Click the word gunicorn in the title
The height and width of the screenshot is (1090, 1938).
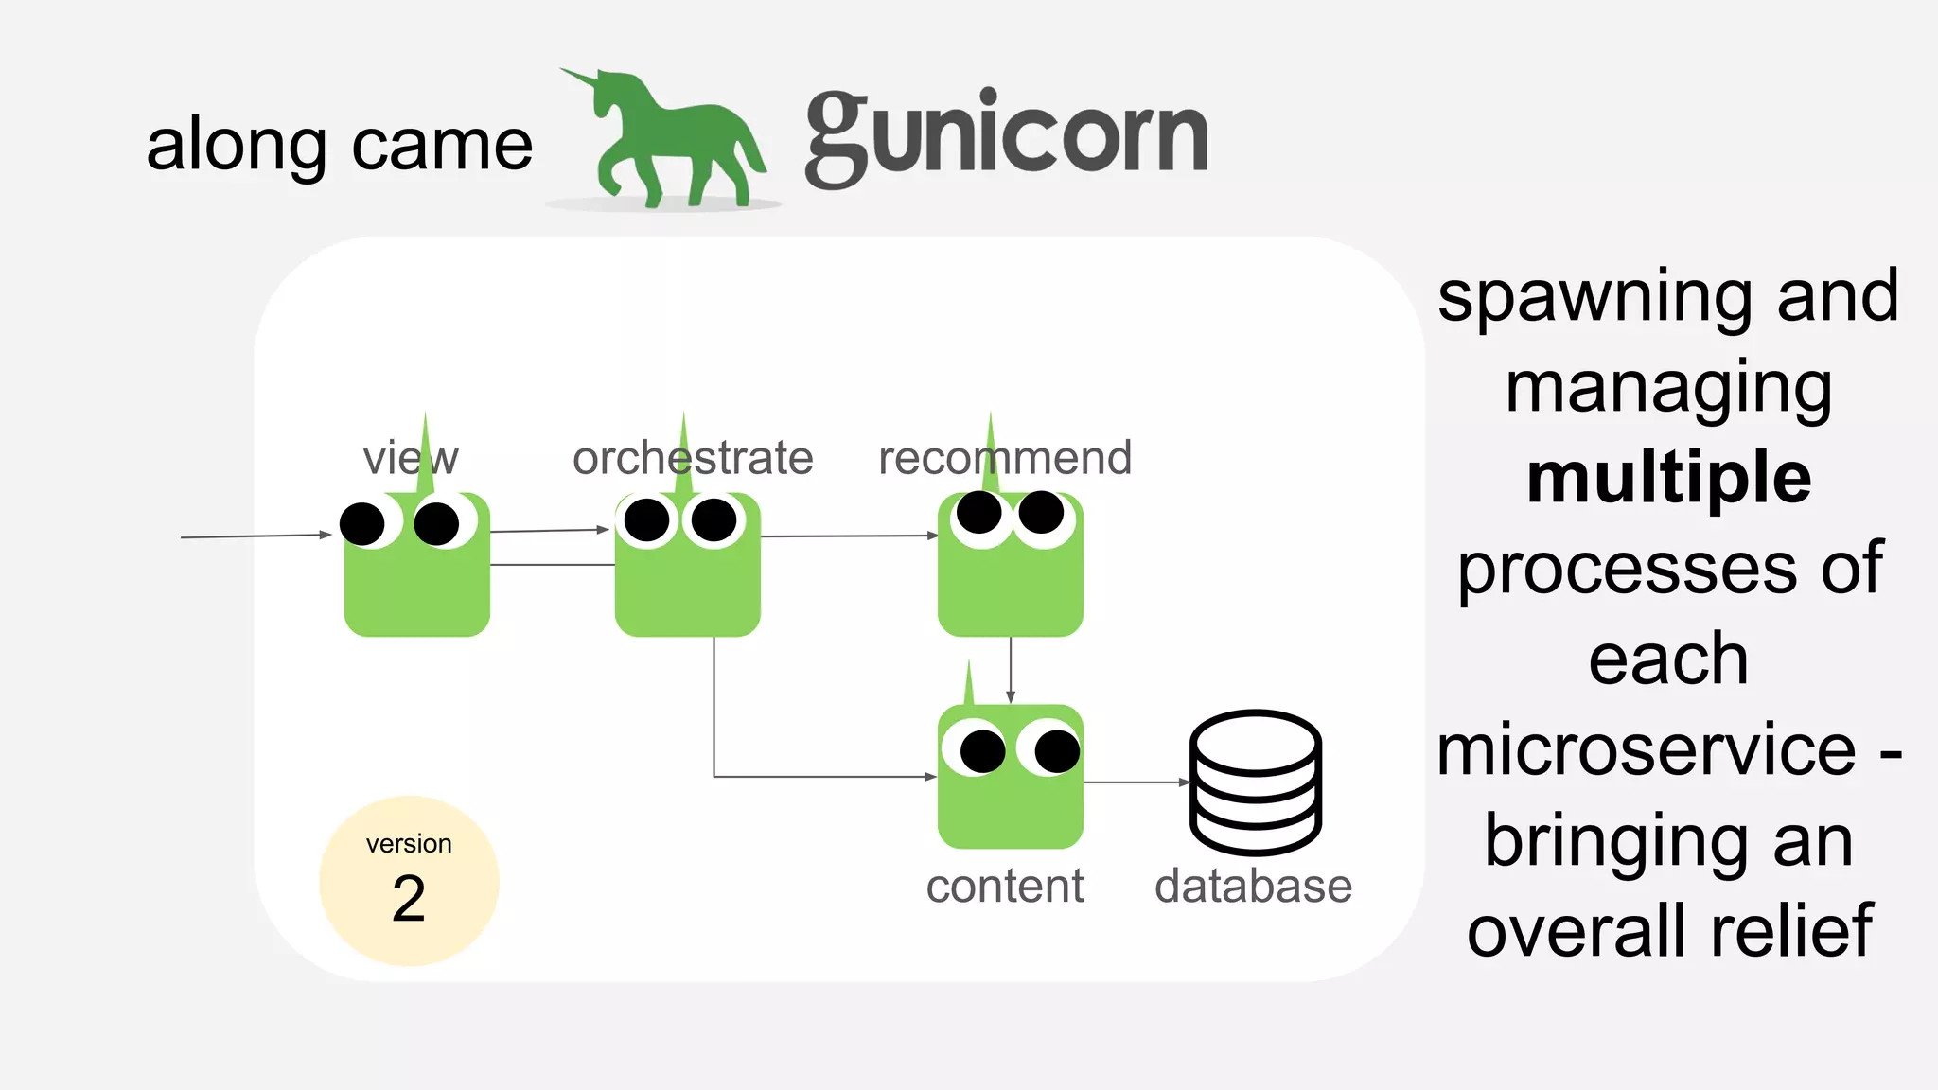(1006, 138)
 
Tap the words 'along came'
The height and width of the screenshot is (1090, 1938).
(340, 146)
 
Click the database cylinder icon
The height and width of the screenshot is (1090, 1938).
(1255, 782)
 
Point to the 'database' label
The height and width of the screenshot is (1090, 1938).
(1253, 887)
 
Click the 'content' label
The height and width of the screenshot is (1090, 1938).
(1005, 887)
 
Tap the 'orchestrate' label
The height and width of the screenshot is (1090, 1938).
(693, 458)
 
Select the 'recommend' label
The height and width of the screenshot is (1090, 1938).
(1005, 458)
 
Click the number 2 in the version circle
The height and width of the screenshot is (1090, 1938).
(409, 899)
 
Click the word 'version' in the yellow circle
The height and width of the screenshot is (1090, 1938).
(409, 843)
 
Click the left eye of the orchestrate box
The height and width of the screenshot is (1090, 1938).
(647, 520)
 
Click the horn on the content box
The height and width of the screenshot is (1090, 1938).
(968, 683)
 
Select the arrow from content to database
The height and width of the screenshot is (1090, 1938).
(1136, 782)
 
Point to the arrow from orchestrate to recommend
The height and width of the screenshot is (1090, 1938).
(849, 536)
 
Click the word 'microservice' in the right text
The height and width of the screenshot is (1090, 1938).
(1647, 749)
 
